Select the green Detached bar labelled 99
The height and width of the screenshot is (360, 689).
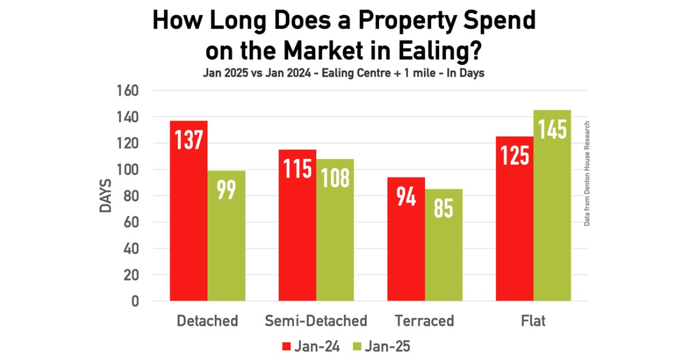226,235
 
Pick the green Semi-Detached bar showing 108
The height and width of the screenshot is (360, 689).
335,230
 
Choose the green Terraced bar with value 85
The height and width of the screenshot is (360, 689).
444,245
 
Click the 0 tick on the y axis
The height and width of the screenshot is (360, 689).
135,301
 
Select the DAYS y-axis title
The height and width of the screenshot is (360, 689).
106,196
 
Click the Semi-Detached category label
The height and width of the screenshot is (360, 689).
316,320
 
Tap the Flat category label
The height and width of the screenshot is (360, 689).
533,320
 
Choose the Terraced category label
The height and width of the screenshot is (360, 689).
425,320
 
